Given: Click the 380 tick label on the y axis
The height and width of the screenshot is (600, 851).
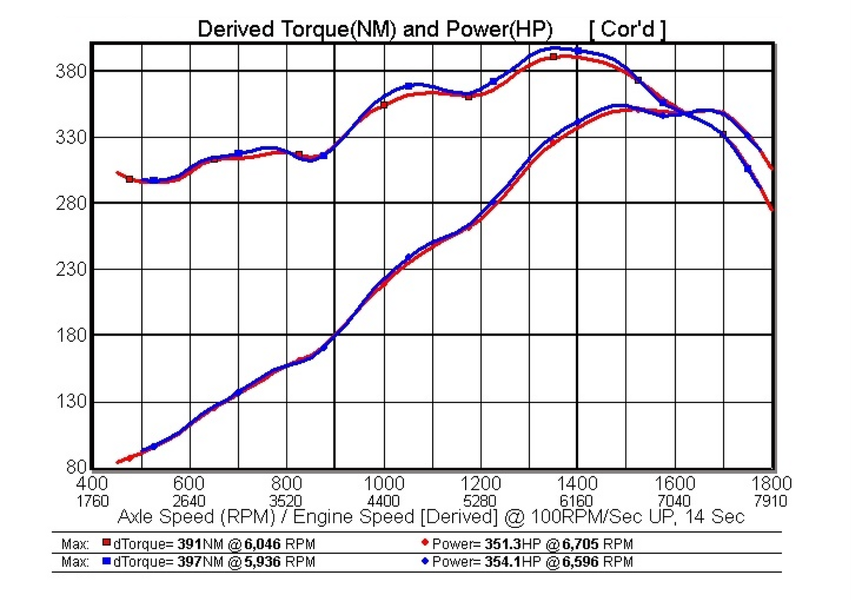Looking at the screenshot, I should [71, 72].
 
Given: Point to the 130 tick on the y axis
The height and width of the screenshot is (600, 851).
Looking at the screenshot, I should [71, 402].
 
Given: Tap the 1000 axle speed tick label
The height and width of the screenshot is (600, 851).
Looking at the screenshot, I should [384, 484].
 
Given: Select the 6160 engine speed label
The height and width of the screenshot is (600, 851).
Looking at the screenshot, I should [576, 501].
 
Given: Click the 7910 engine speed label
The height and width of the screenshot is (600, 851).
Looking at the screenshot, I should [770, 501].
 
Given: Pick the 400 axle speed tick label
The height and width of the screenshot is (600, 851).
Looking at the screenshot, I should [92, 484].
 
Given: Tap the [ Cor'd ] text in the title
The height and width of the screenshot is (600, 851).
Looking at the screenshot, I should [627, 29].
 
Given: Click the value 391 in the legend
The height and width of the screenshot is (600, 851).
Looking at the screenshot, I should [189, 544].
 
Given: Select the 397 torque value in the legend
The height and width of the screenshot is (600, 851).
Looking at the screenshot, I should [189, 562].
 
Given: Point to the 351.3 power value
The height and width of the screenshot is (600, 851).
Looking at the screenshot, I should [503, 544].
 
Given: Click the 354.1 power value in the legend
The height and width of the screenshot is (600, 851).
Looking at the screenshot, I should [503, 562].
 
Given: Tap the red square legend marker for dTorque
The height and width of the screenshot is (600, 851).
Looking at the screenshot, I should [106, 543].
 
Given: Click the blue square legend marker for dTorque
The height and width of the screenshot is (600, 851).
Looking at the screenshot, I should [106, 561].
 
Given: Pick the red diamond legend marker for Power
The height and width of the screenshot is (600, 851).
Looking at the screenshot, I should [424, 543].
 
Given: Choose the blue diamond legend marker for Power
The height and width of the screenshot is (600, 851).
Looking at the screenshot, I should [424, 561].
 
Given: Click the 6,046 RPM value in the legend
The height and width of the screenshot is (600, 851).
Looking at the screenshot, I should [262, 544].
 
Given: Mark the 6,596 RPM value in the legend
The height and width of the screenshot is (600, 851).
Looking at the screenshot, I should [580, 562].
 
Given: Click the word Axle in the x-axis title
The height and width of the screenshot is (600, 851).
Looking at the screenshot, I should [137, 517].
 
